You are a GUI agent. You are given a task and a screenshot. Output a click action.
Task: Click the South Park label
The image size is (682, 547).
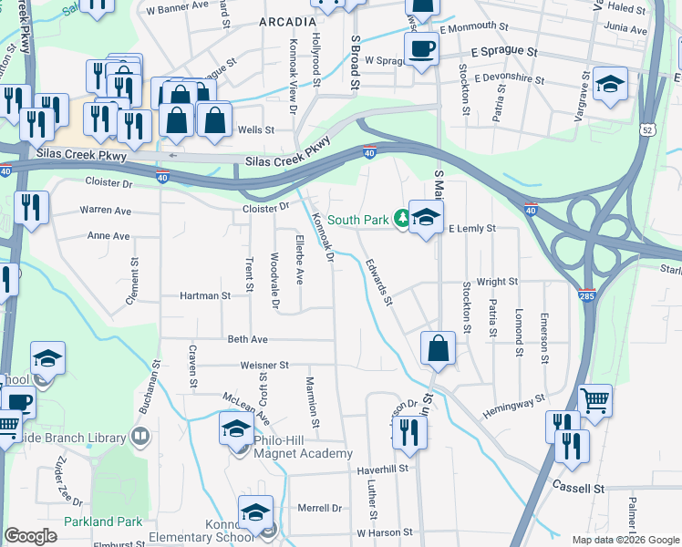pyautogui.click(x=359, y=220)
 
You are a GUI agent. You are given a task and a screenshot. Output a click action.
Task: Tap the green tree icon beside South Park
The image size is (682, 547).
pyautogui.click(x=401, y=219)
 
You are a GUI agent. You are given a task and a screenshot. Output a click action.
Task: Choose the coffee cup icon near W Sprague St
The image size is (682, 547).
pyautogui.click(x=420, y=48)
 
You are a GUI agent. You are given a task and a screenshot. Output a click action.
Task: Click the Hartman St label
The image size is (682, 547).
pyautogui.click(x=205, y=296)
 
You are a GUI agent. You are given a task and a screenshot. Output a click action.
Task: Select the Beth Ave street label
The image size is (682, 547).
pyautogui.click(x=247, y=339)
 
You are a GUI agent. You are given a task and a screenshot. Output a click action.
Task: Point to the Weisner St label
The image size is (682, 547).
pyautogui.click(x=264, y=365)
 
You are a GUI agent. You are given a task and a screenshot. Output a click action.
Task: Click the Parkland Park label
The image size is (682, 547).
pyautogui.click(x=103, y=521)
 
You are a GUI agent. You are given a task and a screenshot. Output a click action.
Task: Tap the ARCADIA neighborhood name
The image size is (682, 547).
pyautogui.click(x=287, y=21)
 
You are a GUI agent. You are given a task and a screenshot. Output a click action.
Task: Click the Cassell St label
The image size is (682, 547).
pyautogui.click(x=579, y=489)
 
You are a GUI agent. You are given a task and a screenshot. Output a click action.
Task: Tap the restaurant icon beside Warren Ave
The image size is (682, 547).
pyautogui.click(x=31, y=208)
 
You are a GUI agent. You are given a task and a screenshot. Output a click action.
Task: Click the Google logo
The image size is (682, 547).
pyautogui.click(x=30, y=536)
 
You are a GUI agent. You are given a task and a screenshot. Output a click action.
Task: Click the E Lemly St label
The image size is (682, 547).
pyautogui.click(x=472, y=228)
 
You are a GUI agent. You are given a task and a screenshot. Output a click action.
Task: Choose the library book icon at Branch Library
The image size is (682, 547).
pyautogui.click(x=140, y=437)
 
